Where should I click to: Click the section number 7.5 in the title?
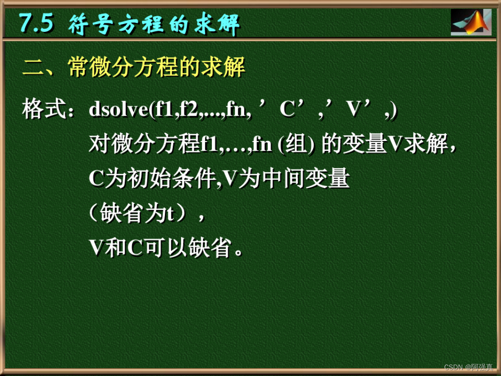point(35,23)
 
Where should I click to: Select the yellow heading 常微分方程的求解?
point(157,68)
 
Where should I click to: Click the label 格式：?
point(49,110)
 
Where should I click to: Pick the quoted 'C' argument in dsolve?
point(288,110)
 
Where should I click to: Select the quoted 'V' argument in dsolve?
point(353,110)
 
